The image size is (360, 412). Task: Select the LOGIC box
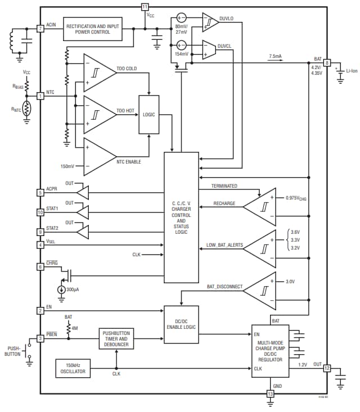tap(149, 115)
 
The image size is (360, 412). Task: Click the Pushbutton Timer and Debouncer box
tap(116, 339)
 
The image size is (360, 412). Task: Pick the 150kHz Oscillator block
tap(73, 368)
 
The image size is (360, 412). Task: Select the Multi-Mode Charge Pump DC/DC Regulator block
tap(270, 351)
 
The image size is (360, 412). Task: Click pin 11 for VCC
tap(145, 7)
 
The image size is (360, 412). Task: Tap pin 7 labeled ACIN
tap(40, 28)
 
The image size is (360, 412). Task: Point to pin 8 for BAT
tap(327, 63)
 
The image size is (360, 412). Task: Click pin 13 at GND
tap(270, 394)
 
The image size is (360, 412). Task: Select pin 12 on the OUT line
tap(327, 368)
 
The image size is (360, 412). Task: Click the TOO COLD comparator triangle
tap(98, 73)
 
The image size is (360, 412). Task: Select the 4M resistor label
tap(74, 327)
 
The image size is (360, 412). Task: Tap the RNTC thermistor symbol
tap(26, 108)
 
